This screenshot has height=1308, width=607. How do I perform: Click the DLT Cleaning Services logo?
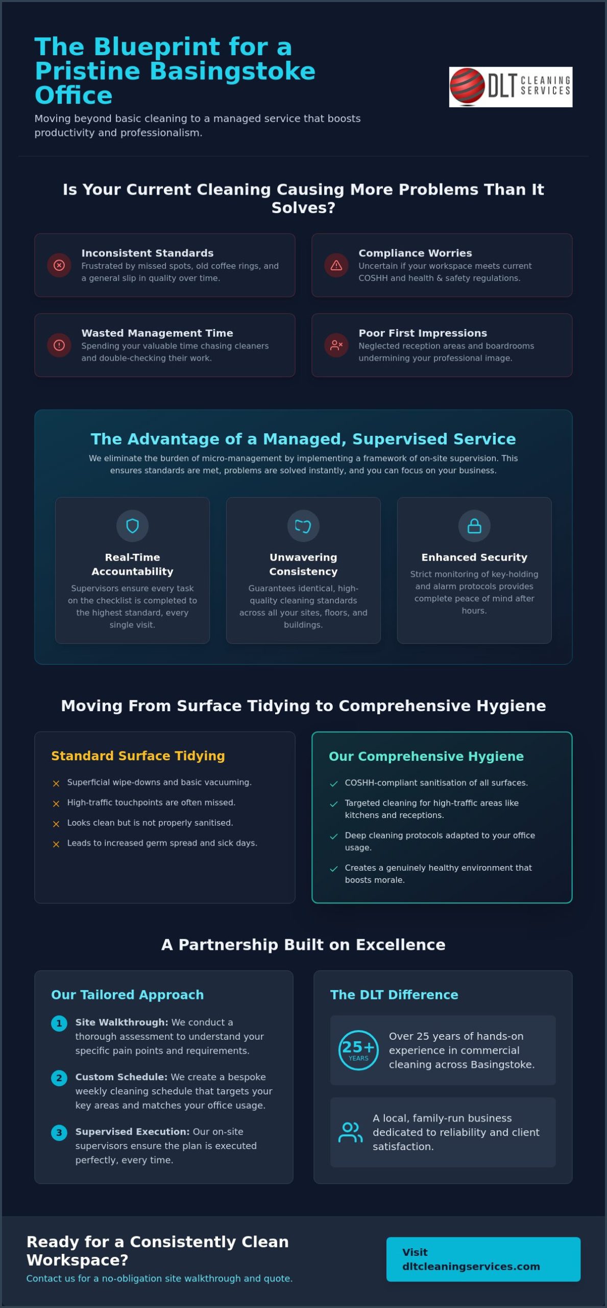tap(511, 87)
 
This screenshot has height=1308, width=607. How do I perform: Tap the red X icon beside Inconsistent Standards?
tap(59, 265)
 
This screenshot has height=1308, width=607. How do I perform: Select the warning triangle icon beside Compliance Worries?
tap(336, 265)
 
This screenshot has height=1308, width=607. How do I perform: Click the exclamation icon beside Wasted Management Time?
tap(59, 345)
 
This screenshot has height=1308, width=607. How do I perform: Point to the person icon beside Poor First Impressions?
tap(336, 345)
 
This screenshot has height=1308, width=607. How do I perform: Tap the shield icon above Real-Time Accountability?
tap(132, 526)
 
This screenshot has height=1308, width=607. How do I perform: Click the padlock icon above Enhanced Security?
tap(474, 526)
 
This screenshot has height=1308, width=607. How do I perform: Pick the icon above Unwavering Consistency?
tap(303, 526)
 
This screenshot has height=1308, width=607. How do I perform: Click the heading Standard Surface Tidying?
tap(138, 756)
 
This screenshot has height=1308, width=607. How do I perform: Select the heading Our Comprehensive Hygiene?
tap(426, 756)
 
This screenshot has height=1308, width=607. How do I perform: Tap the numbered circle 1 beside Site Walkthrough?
tap(59, 1023)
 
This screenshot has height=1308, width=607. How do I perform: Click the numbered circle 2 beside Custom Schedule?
tap(59, 1078)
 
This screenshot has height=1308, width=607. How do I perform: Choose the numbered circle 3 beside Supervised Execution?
tap(59, 1133)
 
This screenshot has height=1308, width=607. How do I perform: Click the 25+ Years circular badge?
tap(358, 1050)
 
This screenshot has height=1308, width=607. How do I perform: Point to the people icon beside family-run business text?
tap(350, 1132)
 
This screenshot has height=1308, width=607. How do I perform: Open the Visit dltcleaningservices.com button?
tap(483, 1259)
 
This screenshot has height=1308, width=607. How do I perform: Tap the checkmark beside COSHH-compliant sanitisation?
tap(334, 784)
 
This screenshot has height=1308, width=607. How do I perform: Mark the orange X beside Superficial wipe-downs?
tap(56, 783)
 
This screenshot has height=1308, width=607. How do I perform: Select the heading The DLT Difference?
tap(394, 994)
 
